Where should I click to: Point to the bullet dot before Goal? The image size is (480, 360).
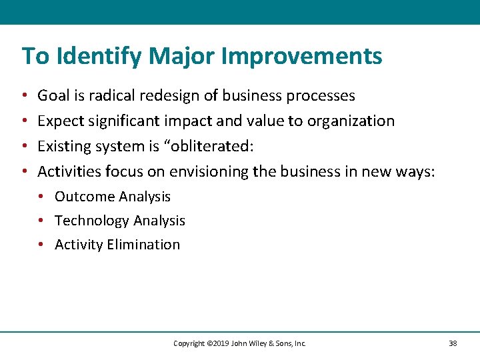tap(24, 96)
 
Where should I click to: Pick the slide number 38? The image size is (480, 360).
tap(453, 343)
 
